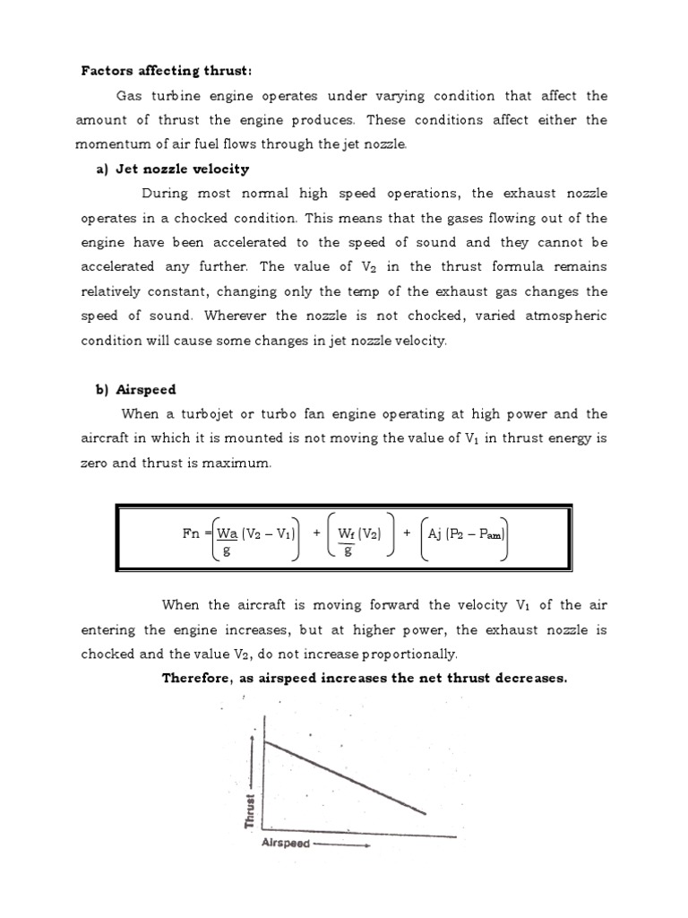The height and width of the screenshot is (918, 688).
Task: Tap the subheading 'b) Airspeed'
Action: tap(136, 389)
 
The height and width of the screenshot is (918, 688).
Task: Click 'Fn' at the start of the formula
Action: tap(192, 533)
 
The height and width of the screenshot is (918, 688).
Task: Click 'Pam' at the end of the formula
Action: tap(491, 534)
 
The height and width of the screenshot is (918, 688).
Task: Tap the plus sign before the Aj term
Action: tap(407, 533)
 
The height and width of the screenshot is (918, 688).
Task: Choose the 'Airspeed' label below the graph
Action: tap(286, 844)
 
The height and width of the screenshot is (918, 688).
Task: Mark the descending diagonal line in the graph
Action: tap(345, 775)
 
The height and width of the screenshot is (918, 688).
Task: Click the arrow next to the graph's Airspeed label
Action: tap(340, 844)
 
